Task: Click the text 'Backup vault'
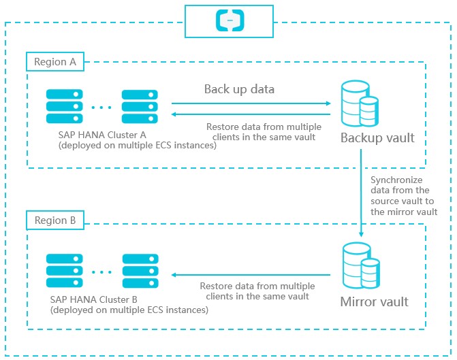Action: coord(377,138)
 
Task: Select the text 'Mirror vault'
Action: coord(375,301)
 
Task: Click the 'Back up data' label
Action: coord(239,89)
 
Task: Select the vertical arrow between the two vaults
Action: coord(361,195)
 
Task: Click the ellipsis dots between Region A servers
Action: coord(101,107)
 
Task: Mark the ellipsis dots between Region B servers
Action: coord(101,272)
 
